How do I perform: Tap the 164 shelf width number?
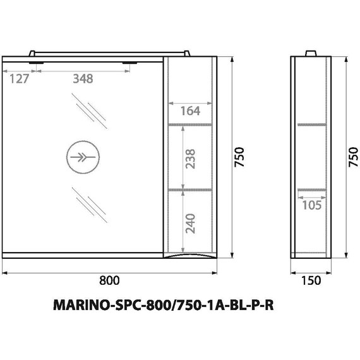pos(189,111)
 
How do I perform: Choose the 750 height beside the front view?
pos(239,156)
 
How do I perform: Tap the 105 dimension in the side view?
pos(311,205)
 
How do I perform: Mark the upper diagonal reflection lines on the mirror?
pos(88,109)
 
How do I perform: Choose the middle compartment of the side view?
pos(311,155)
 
